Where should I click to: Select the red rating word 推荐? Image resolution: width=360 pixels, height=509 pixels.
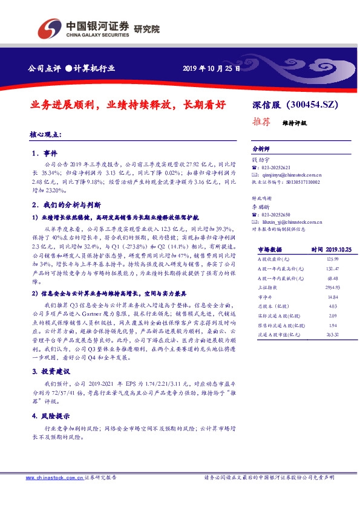click(x=260, y=121)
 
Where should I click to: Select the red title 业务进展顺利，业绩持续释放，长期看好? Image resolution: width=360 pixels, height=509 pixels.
click(x=127, y=105)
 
